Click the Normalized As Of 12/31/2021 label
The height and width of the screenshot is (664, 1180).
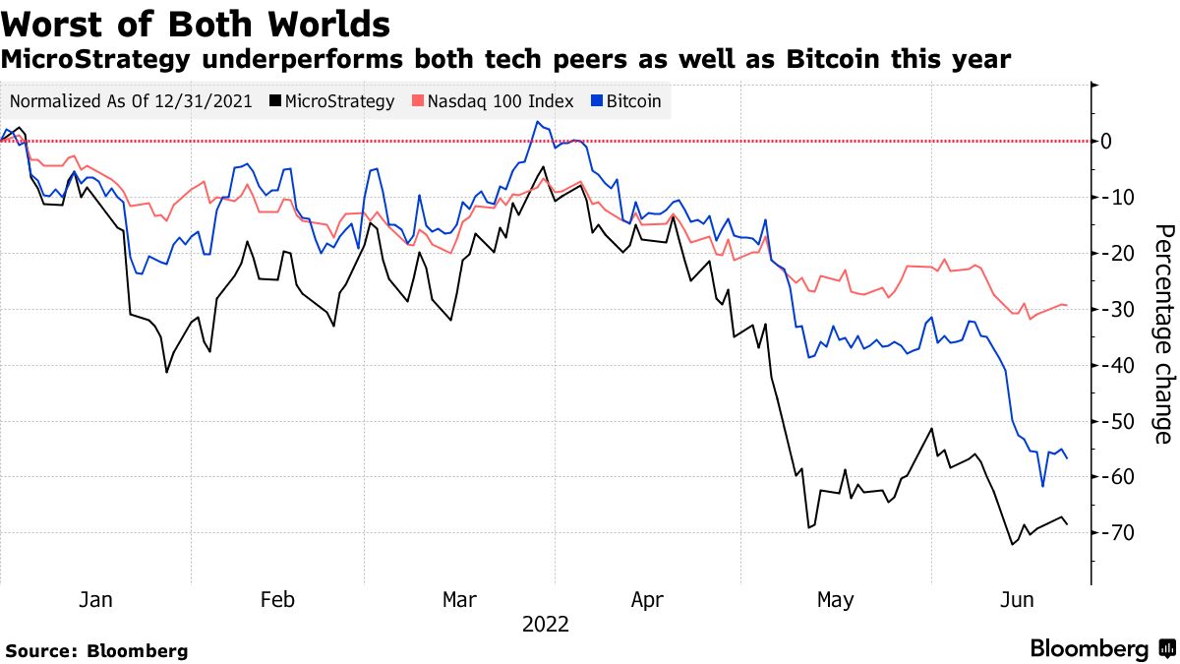click(x=131, y=100)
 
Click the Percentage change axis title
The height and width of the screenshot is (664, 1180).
click(x=1161, y=334)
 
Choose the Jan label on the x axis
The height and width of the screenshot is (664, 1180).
click(x=94, y=599)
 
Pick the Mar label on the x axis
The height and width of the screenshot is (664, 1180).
click(x=460, y=599)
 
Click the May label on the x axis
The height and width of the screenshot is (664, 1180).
click(x=836, y=599)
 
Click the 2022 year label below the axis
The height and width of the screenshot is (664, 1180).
click(x=545, y=624)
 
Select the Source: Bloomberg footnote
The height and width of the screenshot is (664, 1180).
click(x=96, y=650)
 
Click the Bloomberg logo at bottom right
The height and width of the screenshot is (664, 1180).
click(x=1101, y=648)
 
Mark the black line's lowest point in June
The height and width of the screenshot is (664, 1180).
click(x=1012, y=544)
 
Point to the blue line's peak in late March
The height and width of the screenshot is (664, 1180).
click(x=537, y=122)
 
